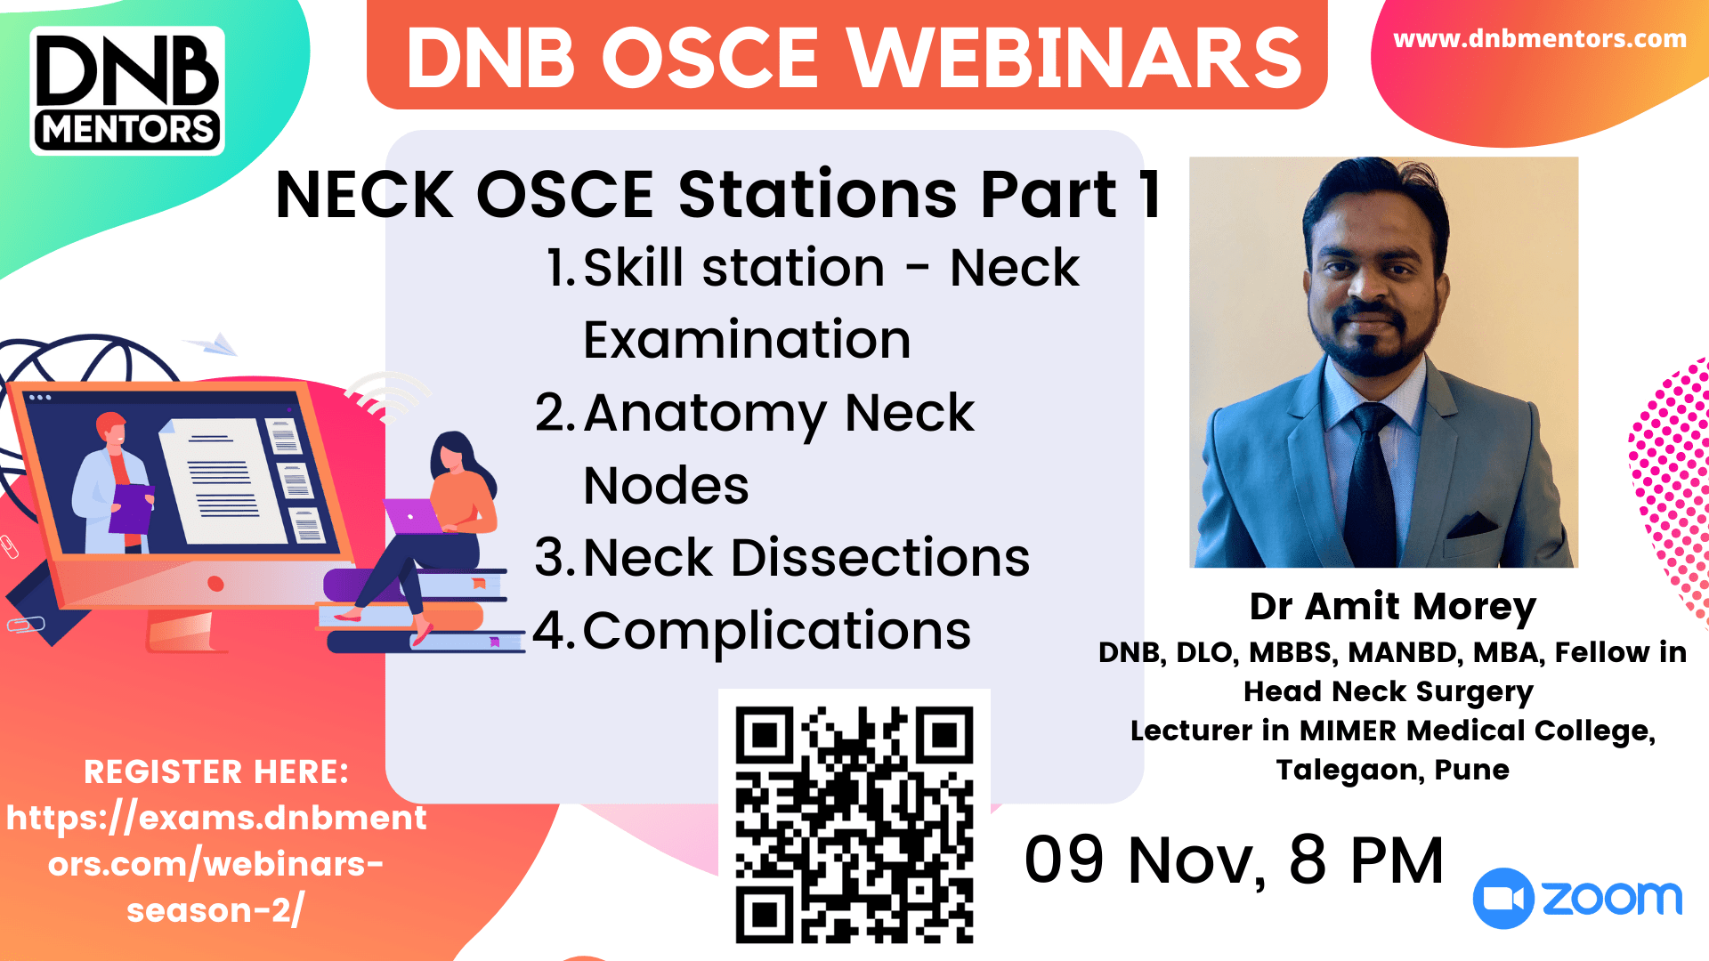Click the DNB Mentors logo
coord(127,91)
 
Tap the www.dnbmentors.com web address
coord(1539,39)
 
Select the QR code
coord(854,824)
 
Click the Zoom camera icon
coord(1503,899)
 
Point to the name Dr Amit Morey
coord(1392,607)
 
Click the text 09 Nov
coord(1145,860)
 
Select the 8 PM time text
coord(1365,860)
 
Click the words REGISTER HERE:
coord(216,772)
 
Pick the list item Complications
coord(776,631)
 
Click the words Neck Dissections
coord(806,558)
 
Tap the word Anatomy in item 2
coord(706,414)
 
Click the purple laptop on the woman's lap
coord(413,516)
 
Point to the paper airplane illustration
coord(214,344)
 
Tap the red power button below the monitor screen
coord(215,584)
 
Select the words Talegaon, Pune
coord(1392,770)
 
